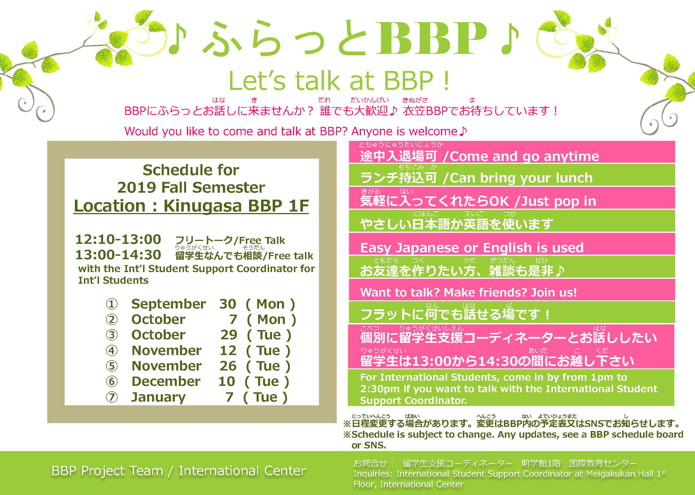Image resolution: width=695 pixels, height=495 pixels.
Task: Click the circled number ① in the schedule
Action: coord(112,304)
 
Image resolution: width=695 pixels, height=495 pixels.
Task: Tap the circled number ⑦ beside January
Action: coord(112,397)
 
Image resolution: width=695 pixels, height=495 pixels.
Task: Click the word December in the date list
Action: coord(166,381)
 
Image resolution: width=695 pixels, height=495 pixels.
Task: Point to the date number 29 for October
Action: coord(229,335)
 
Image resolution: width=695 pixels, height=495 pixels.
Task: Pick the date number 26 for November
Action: coord(228,366)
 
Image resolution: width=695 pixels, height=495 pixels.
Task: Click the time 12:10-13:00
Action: coord(118,239)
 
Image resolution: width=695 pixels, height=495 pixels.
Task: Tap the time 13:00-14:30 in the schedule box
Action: coord(118,255)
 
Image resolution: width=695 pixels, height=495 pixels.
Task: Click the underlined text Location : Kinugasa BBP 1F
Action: coord(191,206)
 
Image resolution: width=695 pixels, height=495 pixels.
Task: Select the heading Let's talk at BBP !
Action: coord(339,81)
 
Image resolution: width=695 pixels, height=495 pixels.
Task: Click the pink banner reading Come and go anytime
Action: coord(512,152)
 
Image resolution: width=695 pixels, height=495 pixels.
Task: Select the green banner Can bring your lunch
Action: coord(512,175)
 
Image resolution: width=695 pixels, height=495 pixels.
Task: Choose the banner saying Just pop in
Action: coord(512,198)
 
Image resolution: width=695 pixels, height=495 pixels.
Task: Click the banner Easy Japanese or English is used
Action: coord(512,244)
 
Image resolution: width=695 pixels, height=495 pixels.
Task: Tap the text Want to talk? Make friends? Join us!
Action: coord(469,292)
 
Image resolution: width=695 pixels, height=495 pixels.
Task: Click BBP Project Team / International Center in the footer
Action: coord(179,471)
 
